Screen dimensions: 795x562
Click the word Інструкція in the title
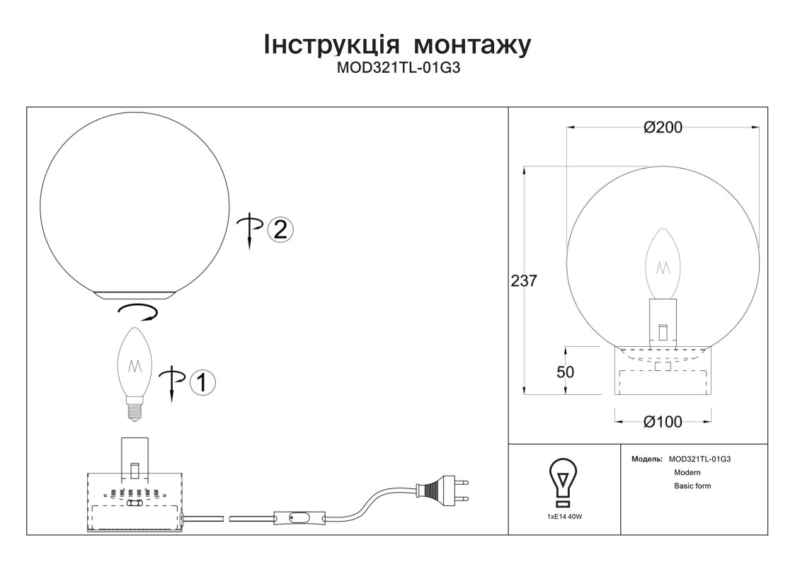pyautogui.click(x=331, y=45)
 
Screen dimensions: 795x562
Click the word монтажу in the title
pyautogui.click(x=472, y=45)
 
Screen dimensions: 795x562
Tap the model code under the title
pyautogui.click(x=399, y=68)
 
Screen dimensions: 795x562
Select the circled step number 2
pyautogui.click(x=280, y=229)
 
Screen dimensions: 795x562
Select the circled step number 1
pyautogui.click(x=202, y=382)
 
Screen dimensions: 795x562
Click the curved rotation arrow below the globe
pyautogui.click(x=137, y=312)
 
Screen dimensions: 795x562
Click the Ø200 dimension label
pyautogui.click(x=663, y=127)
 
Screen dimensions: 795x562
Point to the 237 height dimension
pyautogui.click(x=523, y=280)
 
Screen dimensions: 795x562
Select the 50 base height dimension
pyautogui.click(x=566, y=372)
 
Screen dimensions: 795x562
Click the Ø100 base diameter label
pyautogui.click(x=663, y=422)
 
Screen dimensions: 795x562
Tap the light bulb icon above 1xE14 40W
pyautogui.click(x=564, y=483)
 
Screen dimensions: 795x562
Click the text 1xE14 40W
pyautogui.click(x=564, y=517)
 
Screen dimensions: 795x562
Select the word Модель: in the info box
pyautogui.click(x=647, y=459)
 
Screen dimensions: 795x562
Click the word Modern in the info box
pyautogui.click(x=687, y=472)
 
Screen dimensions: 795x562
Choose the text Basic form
pyautogui.click(x=692, y=486)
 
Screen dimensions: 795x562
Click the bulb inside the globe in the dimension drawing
pyautogui.click(x=663, y=263)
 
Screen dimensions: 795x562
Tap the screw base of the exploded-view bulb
pyautogui.click(x=135, y=409)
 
